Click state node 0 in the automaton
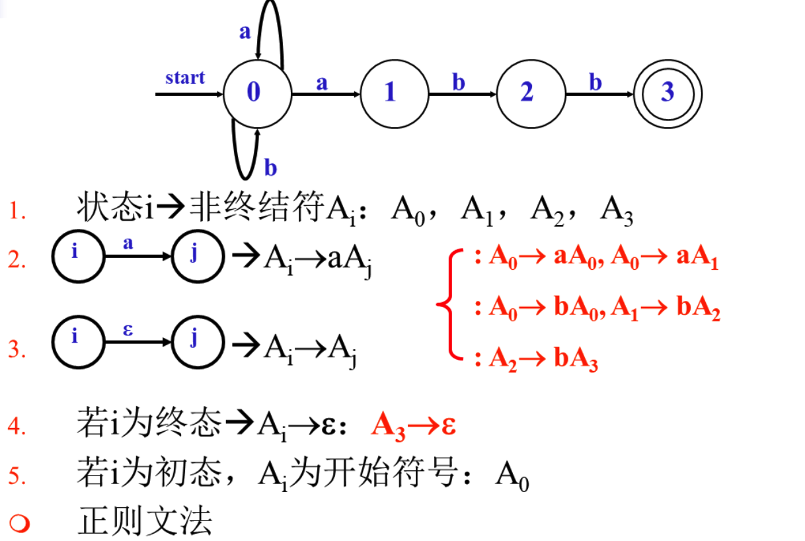click(x=257, y=94)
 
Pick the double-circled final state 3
click(x=668, y=94)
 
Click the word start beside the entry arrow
click(x=184, y=78)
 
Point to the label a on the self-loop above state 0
click(x=245, y=31)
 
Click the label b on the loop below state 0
click(x=270, y=168)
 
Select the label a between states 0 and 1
click(x=322, y=83)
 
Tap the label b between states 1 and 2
click(x=459, y=83)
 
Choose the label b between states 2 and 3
click(x=595, y=83)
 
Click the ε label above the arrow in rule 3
click(x=128, y=329)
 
